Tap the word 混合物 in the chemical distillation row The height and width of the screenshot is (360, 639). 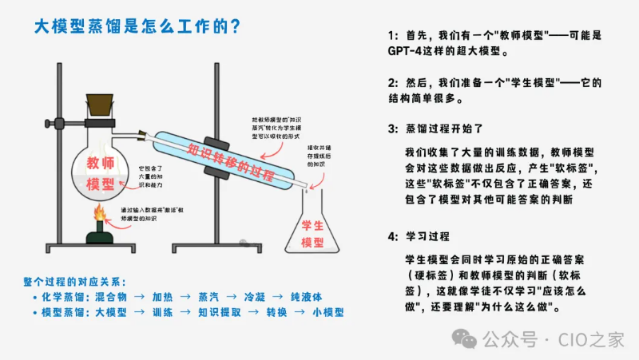(112, 296)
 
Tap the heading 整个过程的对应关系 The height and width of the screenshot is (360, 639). (75, 280)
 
